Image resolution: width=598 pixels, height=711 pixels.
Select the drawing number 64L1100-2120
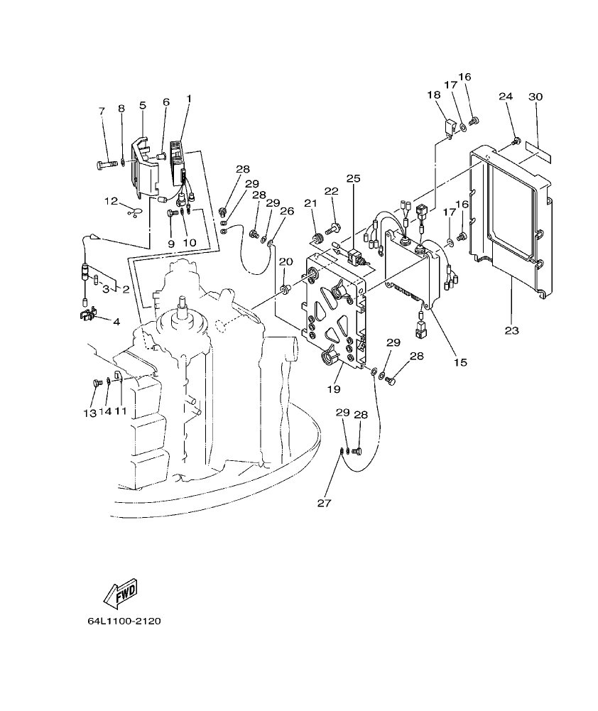[124, 621]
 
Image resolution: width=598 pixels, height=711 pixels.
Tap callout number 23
[513, 330]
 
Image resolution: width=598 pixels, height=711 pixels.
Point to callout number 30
[536, 97]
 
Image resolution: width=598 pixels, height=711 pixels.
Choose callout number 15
[460, 362]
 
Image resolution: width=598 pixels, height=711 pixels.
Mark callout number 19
[333, 389]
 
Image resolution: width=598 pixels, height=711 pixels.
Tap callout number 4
[115, 321]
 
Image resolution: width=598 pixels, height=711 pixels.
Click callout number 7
[102, 111]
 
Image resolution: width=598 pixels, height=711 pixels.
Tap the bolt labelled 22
[332, 229]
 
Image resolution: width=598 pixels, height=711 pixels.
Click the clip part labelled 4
[87, 313]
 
